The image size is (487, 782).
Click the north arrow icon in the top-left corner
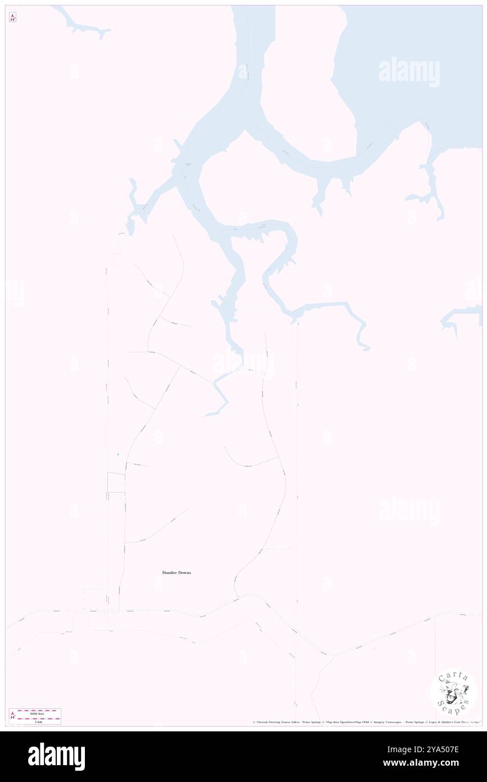tap(12, 17)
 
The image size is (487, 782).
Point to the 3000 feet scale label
tap(39, 713)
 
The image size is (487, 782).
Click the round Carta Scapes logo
tap(453, 691)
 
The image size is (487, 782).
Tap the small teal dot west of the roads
tap(118, 454)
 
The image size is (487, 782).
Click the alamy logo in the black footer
tap(56, 756)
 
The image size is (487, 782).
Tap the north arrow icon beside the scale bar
tap(12, 715)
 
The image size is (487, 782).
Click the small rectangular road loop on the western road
tap(116, 483)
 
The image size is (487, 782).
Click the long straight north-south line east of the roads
tap(296, 478)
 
